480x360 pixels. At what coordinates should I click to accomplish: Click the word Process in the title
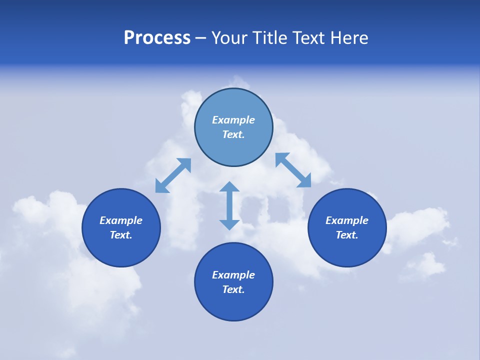157,38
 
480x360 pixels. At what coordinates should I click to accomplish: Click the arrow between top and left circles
173,175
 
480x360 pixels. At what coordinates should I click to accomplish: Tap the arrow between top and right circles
293,170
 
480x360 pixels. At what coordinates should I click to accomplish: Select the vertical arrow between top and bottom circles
229,205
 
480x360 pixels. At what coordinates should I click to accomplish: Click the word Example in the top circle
233,120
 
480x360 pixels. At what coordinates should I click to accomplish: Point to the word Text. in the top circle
233,134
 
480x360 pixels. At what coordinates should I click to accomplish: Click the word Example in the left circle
121,220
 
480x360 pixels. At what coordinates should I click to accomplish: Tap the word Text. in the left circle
121,235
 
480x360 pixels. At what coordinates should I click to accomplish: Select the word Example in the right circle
347,220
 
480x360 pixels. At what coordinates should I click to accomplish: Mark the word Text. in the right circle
347,235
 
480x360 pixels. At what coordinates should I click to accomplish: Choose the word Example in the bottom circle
233,275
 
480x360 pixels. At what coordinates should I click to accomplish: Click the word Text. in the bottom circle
233,289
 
